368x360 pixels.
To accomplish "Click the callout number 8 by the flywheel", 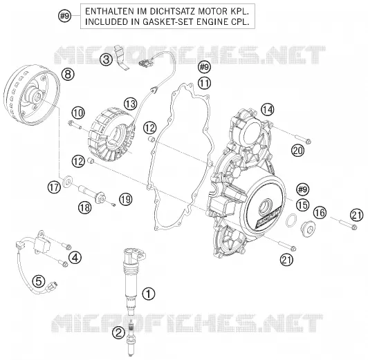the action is pos(68,75).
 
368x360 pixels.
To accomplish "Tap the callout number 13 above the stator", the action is pos(131,104).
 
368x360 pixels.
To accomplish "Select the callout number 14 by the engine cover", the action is pos(268,110).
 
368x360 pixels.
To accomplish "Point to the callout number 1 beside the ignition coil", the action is pos(149,294).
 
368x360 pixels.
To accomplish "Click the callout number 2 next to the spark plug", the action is pos(119,332).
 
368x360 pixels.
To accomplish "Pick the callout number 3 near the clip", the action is pos(106,59).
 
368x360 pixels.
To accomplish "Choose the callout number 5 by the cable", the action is pos(39,281).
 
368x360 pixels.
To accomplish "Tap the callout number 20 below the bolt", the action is pos(297,150).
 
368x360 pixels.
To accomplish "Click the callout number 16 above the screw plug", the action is pos(320,213).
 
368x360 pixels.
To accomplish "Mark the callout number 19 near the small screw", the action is pos(126,200).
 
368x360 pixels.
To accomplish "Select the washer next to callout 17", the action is pos(68,181).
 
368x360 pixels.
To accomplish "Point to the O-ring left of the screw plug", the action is pos(291,220).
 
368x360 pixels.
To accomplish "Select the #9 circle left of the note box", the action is pos(64,16).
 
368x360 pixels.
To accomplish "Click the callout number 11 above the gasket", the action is pos(204,83).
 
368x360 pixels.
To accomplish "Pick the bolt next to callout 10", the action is pos(75,124).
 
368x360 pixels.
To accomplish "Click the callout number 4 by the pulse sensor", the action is pos(75,258).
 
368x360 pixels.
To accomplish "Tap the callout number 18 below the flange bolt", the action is pos(85,207).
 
